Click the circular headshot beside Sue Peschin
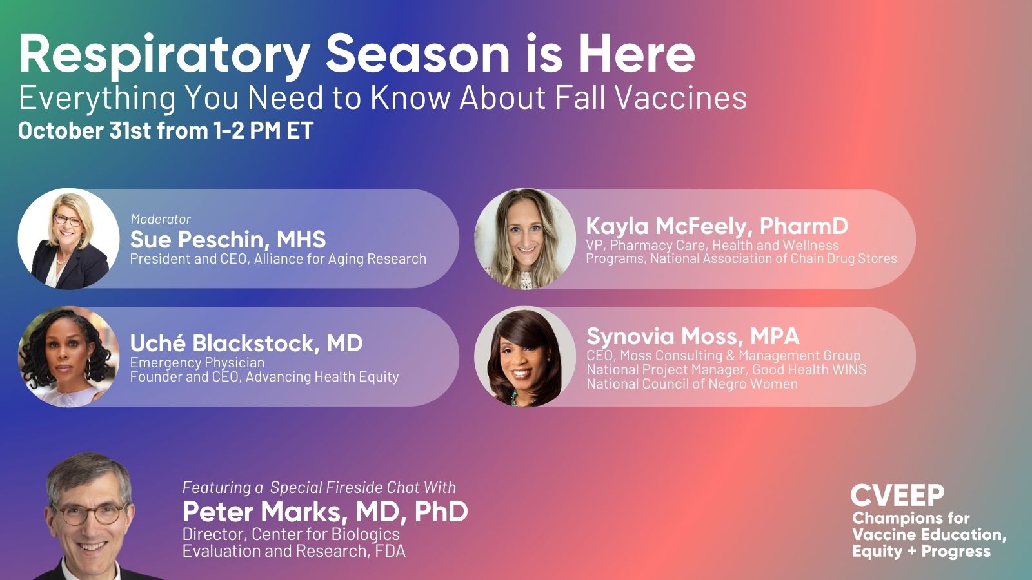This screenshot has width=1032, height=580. point(68,239)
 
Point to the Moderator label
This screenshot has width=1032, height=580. point(161,219)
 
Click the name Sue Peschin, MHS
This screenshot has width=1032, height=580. point(228,240)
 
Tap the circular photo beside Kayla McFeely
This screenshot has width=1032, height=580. point(525,239)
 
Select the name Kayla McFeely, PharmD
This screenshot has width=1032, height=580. point(717,226)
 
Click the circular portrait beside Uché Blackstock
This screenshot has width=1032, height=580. point(68,356)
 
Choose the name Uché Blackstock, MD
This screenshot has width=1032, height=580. point(246,343)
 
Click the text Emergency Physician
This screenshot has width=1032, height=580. point(197,362)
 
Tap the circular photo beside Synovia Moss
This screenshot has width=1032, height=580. point(525,356)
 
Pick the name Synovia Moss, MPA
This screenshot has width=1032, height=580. point(692,336)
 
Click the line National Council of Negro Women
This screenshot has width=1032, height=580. point(691,383)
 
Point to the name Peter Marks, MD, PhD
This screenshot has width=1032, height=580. point(325,512)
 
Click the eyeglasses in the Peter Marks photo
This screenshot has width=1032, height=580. point(90,514)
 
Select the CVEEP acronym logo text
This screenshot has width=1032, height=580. point(897,496)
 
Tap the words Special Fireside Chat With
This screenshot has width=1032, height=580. point(362,487)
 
